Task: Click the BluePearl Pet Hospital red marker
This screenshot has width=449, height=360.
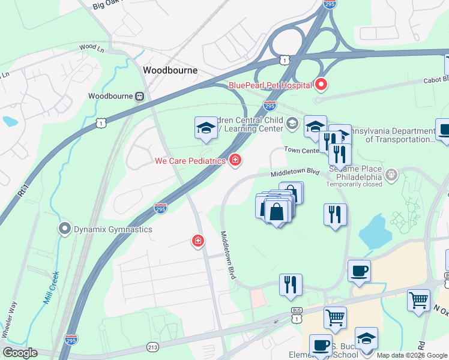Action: (321, 85)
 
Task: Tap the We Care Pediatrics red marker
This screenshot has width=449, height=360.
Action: (235, 160)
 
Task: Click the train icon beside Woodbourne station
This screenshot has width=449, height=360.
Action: (139, 96)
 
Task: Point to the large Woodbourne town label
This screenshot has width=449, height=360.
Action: (170, 70)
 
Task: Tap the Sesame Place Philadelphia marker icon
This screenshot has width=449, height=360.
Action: (392, 176)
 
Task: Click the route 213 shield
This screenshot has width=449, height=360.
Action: (153, 347)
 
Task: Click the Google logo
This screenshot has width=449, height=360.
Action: (20, 353)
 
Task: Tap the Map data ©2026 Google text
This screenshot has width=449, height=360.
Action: (411, 355)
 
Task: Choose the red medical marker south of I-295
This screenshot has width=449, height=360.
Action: (197, 241)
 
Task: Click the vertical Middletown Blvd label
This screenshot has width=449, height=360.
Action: (228, 254)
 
